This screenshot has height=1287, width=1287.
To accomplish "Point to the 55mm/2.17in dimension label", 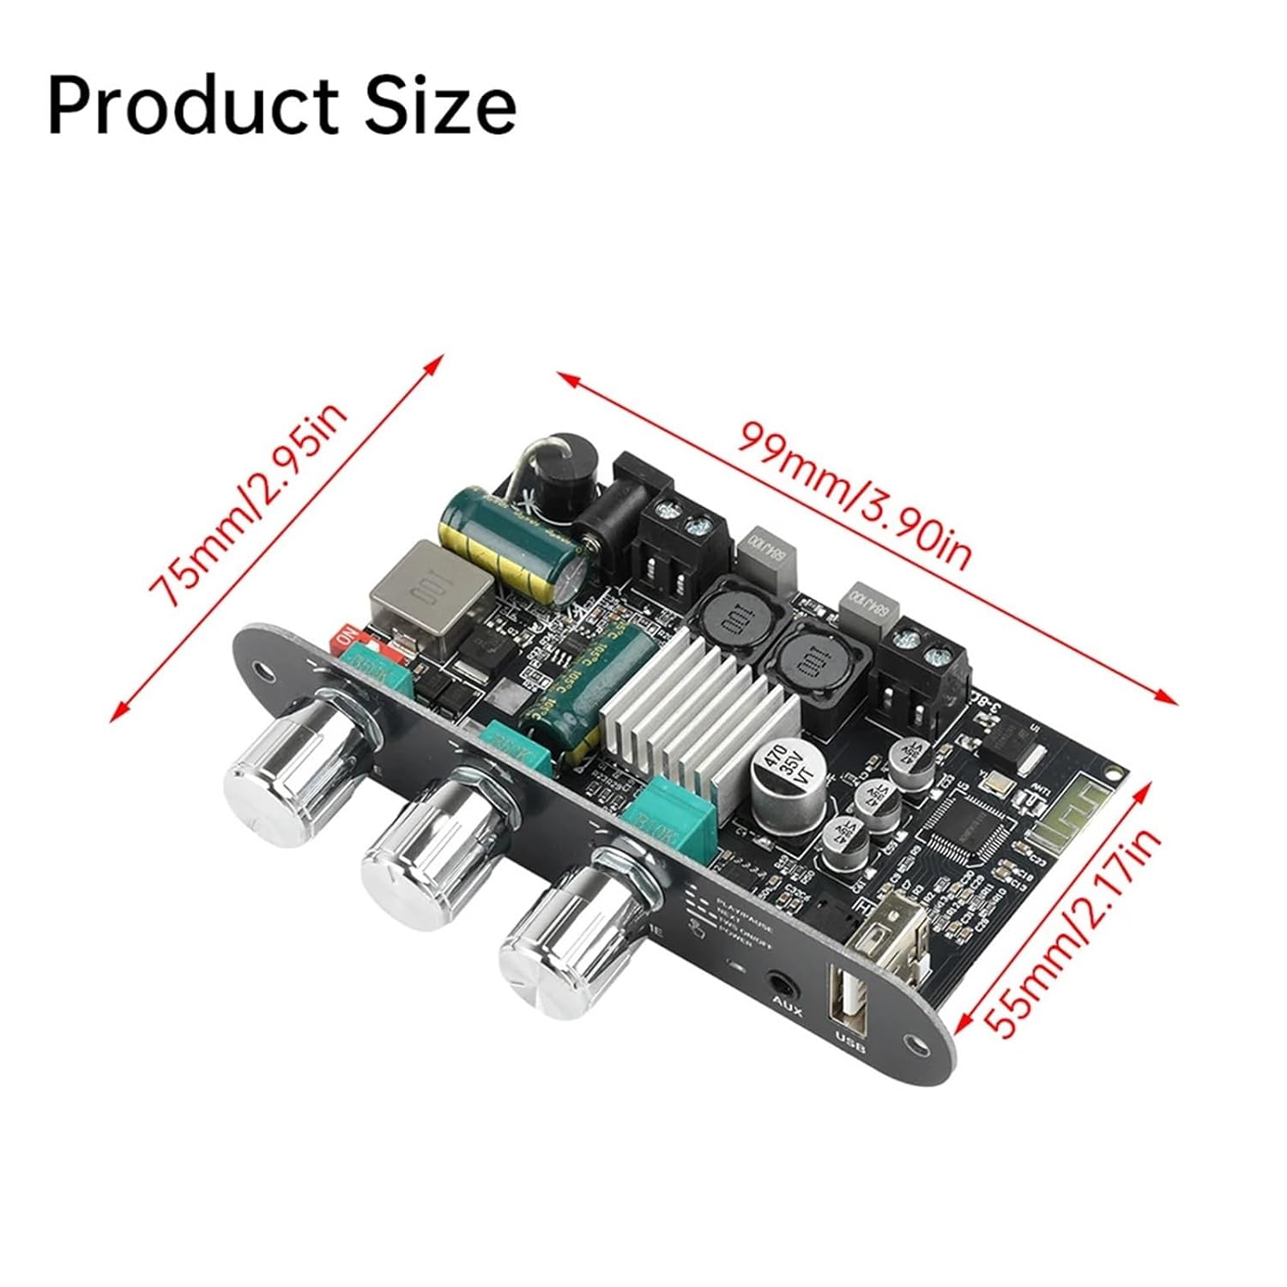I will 1073,936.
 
